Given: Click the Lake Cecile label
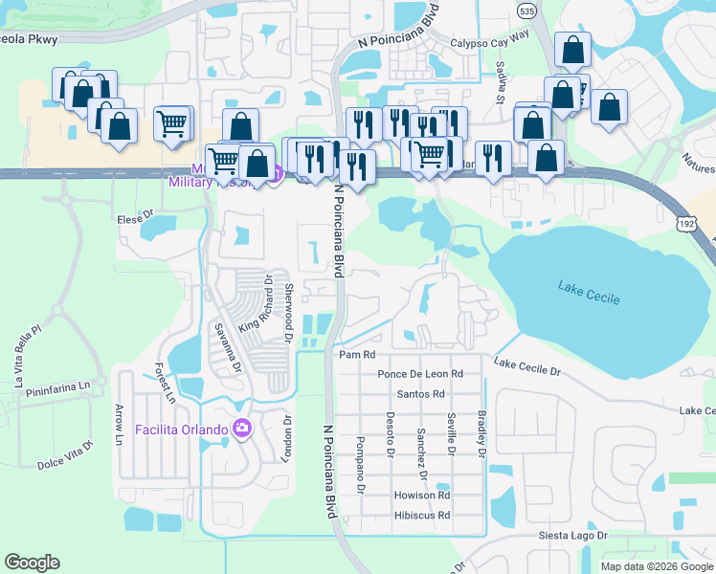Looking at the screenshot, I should [x=588, y=293].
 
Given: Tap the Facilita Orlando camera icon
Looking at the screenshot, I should [x=240, y=428].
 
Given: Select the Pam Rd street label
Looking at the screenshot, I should [x=354, y=354].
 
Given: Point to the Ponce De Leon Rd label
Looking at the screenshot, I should [x=420, y=373].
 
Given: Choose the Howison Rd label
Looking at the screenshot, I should [x=421, y=496].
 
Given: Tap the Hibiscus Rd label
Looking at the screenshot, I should [x=421, y=516].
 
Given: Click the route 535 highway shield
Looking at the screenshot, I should [x=526, y=10].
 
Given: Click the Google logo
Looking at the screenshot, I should [x=33, y=563].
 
